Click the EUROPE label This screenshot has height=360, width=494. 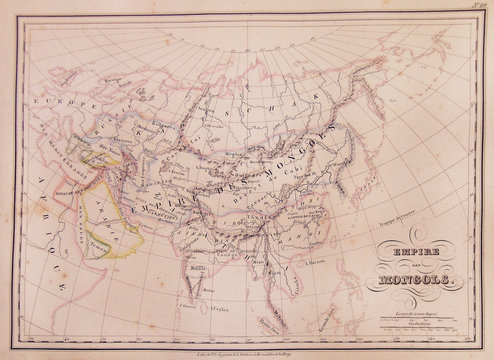60,103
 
